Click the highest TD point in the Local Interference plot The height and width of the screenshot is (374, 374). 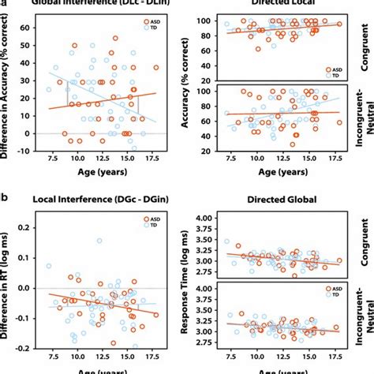pyautogui.click(x=99, y=241)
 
